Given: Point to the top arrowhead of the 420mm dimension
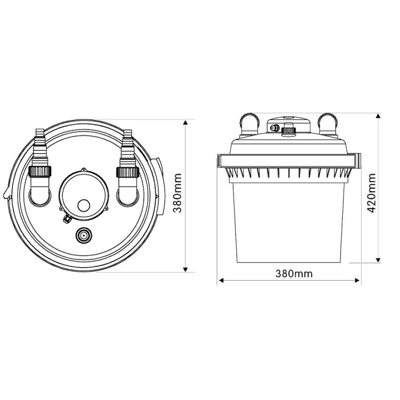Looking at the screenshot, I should (378, 117).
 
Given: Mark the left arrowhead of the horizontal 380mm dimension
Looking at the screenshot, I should (221, 281).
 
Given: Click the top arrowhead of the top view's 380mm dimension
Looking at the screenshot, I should (186, 122).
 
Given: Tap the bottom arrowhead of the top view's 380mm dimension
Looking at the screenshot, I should (186, 269).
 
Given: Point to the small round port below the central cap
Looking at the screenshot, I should (83, 236).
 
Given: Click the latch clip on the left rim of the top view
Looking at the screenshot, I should (6, 195).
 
